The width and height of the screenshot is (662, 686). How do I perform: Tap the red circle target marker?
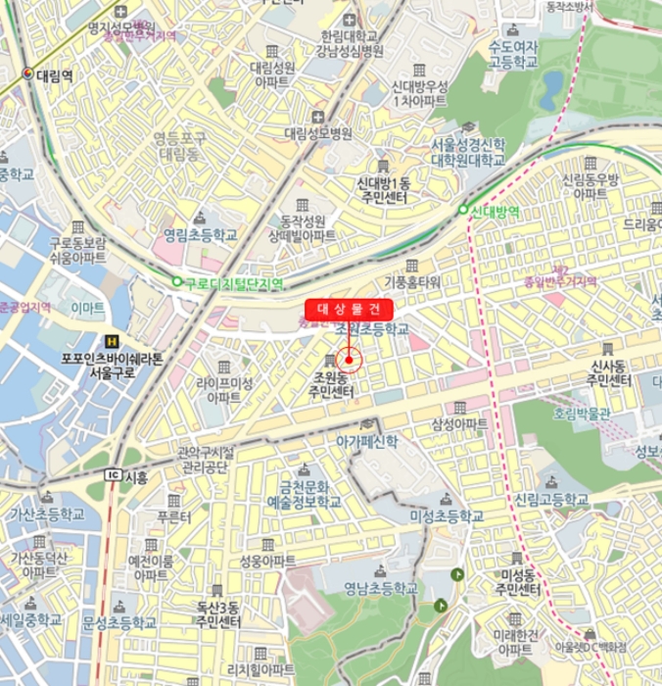(349, 360)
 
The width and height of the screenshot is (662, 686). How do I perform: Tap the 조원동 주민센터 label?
(332, 384)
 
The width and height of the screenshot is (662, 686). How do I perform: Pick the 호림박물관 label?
(581, 414)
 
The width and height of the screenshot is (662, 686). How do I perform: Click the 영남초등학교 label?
(380, 589)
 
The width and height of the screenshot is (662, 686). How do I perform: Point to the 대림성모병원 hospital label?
(317, 133)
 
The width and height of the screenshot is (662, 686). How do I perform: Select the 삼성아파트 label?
(459, 423)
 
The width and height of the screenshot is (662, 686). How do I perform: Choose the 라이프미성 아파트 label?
(224, 390)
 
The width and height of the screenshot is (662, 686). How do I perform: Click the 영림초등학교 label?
(200, 235)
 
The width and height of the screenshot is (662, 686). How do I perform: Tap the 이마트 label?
(87, 308)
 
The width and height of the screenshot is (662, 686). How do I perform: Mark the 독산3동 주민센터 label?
(217, 614)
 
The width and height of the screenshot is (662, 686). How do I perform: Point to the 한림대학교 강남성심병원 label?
(351, 43)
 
